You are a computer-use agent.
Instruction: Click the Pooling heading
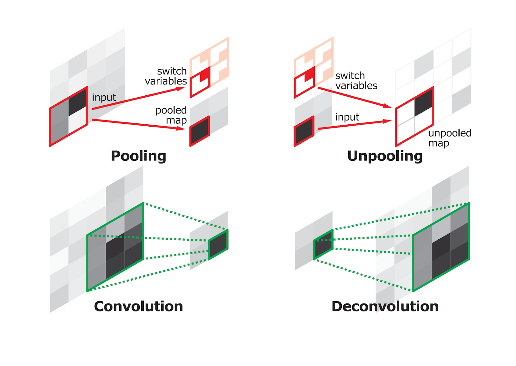[138, 156]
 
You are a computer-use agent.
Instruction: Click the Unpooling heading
[385, 156]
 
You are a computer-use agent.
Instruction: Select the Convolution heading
[138, 306]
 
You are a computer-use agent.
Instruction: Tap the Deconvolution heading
[385, 306]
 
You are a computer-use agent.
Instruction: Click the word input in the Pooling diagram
[104, 97]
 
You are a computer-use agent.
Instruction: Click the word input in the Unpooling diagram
[347, 117]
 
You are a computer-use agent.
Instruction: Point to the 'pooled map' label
[171, 115]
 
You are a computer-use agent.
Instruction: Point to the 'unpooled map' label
[449, 138]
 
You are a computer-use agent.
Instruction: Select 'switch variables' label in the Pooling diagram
[166, 76]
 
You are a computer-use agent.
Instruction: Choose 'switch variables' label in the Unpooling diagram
[356, 81]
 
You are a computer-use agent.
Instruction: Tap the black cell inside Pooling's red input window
[78, 102]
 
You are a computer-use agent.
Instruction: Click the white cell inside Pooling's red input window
[78, 121]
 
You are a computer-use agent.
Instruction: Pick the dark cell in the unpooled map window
[423, 102]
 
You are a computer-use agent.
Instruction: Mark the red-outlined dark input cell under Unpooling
[304, 131]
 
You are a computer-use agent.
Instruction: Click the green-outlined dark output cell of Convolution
[218, 245]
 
